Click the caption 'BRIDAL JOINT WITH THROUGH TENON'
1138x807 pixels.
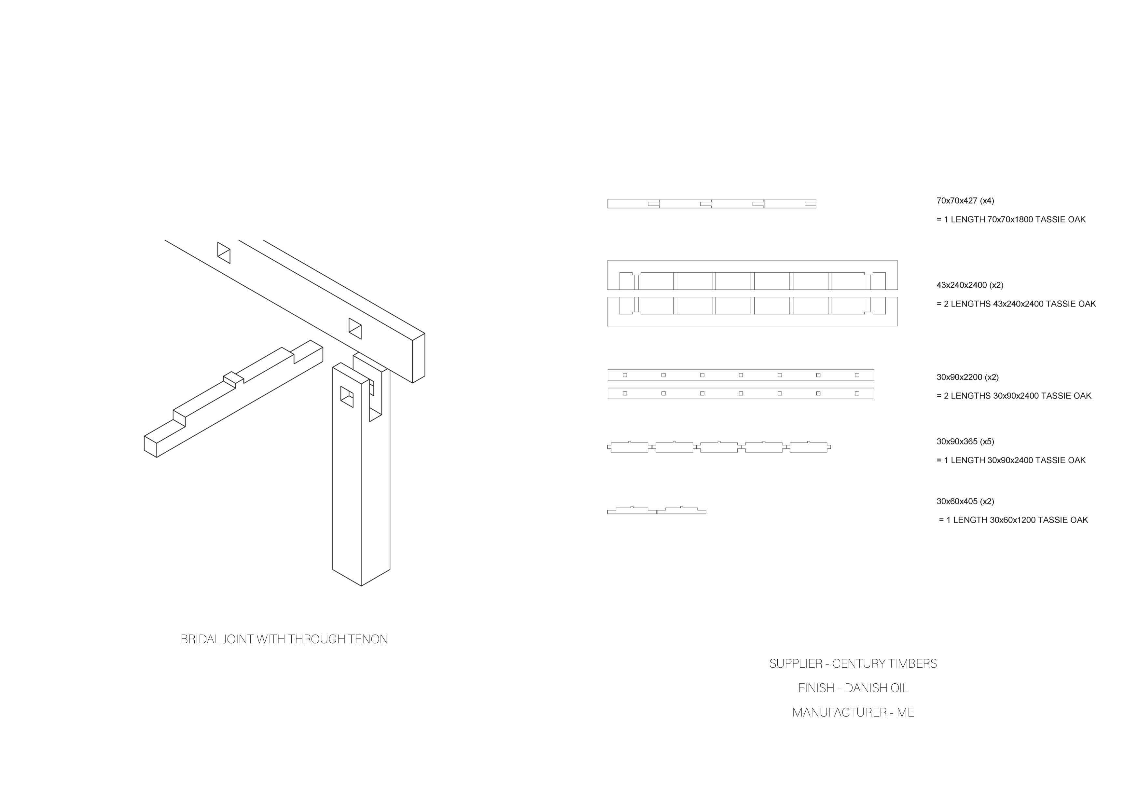point(284,639)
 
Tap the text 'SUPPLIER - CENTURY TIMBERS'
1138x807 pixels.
point(853,663)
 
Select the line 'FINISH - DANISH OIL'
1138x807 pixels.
point(853,688)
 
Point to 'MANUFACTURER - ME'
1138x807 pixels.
point(853,712)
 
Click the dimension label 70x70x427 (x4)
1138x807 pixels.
point(965,201)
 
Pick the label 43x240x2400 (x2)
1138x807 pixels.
point(969,285)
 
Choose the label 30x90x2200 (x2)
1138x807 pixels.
point(967,377)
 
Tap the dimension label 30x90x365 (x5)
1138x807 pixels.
point(965,441)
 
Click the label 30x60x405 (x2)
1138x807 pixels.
point(965,501)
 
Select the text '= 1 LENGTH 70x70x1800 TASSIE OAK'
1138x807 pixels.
point(1011,219)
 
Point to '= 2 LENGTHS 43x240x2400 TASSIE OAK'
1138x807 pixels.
point(1016,304)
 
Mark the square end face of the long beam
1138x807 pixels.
point(418,358)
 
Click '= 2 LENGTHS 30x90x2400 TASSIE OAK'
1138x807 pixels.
point(1014,396)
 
